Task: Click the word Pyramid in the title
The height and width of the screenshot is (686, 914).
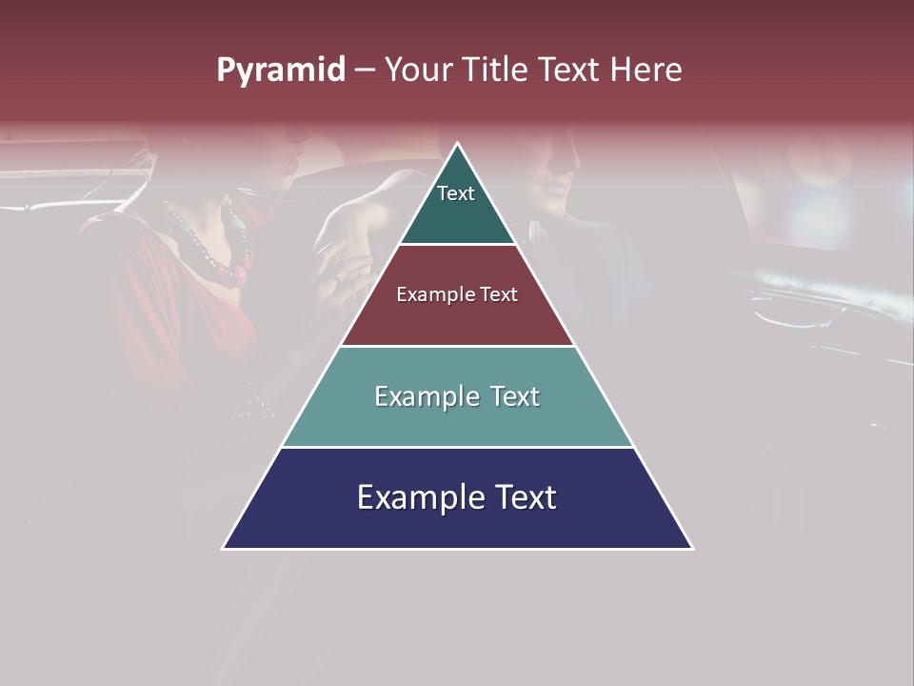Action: coord(281,71)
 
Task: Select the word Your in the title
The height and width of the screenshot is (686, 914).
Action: coord(417,70)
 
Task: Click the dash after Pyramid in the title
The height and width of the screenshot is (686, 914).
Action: coord(364,71)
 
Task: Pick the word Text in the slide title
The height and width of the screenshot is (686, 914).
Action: coord(573,70)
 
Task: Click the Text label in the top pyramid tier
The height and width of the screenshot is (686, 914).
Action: coord(456,193)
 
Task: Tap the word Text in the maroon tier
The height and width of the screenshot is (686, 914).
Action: coord(499,294)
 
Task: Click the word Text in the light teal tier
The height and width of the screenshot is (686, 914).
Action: coord(515,396)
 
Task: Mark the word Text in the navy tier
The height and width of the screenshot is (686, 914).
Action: coord(527,497)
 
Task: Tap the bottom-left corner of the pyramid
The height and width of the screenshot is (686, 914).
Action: coord(224,548)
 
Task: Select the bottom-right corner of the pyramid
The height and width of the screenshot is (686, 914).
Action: coord(691,548)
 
